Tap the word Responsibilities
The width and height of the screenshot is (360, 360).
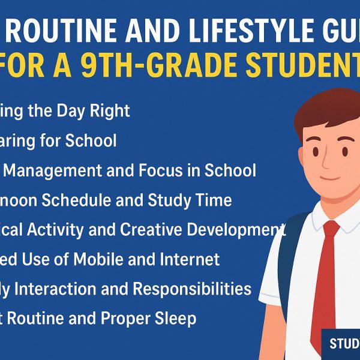(193, 289)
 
